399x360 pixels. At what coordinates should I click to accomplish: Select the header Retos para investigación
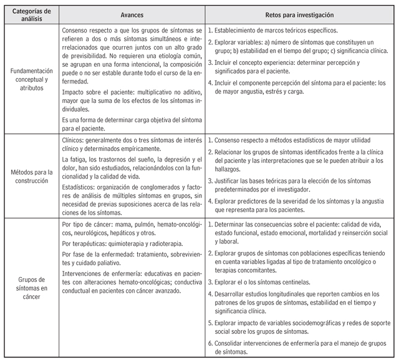click(299, 14)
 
